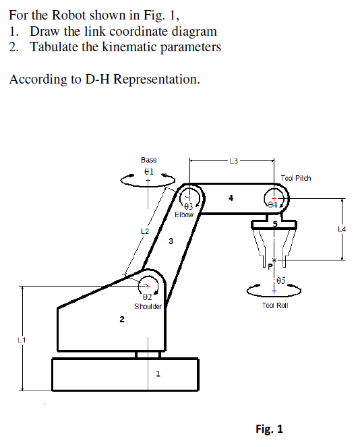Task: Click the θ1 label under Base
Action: coord(149,172)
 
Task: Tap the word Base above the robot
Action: coord(149,160)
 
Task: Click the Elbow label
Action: coord(184,214)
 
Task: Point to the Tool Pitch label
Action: coord(296,178)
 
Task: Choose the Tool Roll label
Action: coord(274,305)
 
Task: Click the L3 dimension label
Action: coord(233,160)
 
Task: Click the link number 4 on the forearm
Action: coord(231,198)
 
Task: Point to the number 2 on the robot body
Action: coord(121,320)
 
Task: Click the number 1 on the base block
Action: coord(158,376)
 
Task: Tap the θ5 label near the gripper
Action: coord(280,279)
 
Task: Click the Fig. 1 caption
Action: coord(269,429)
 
